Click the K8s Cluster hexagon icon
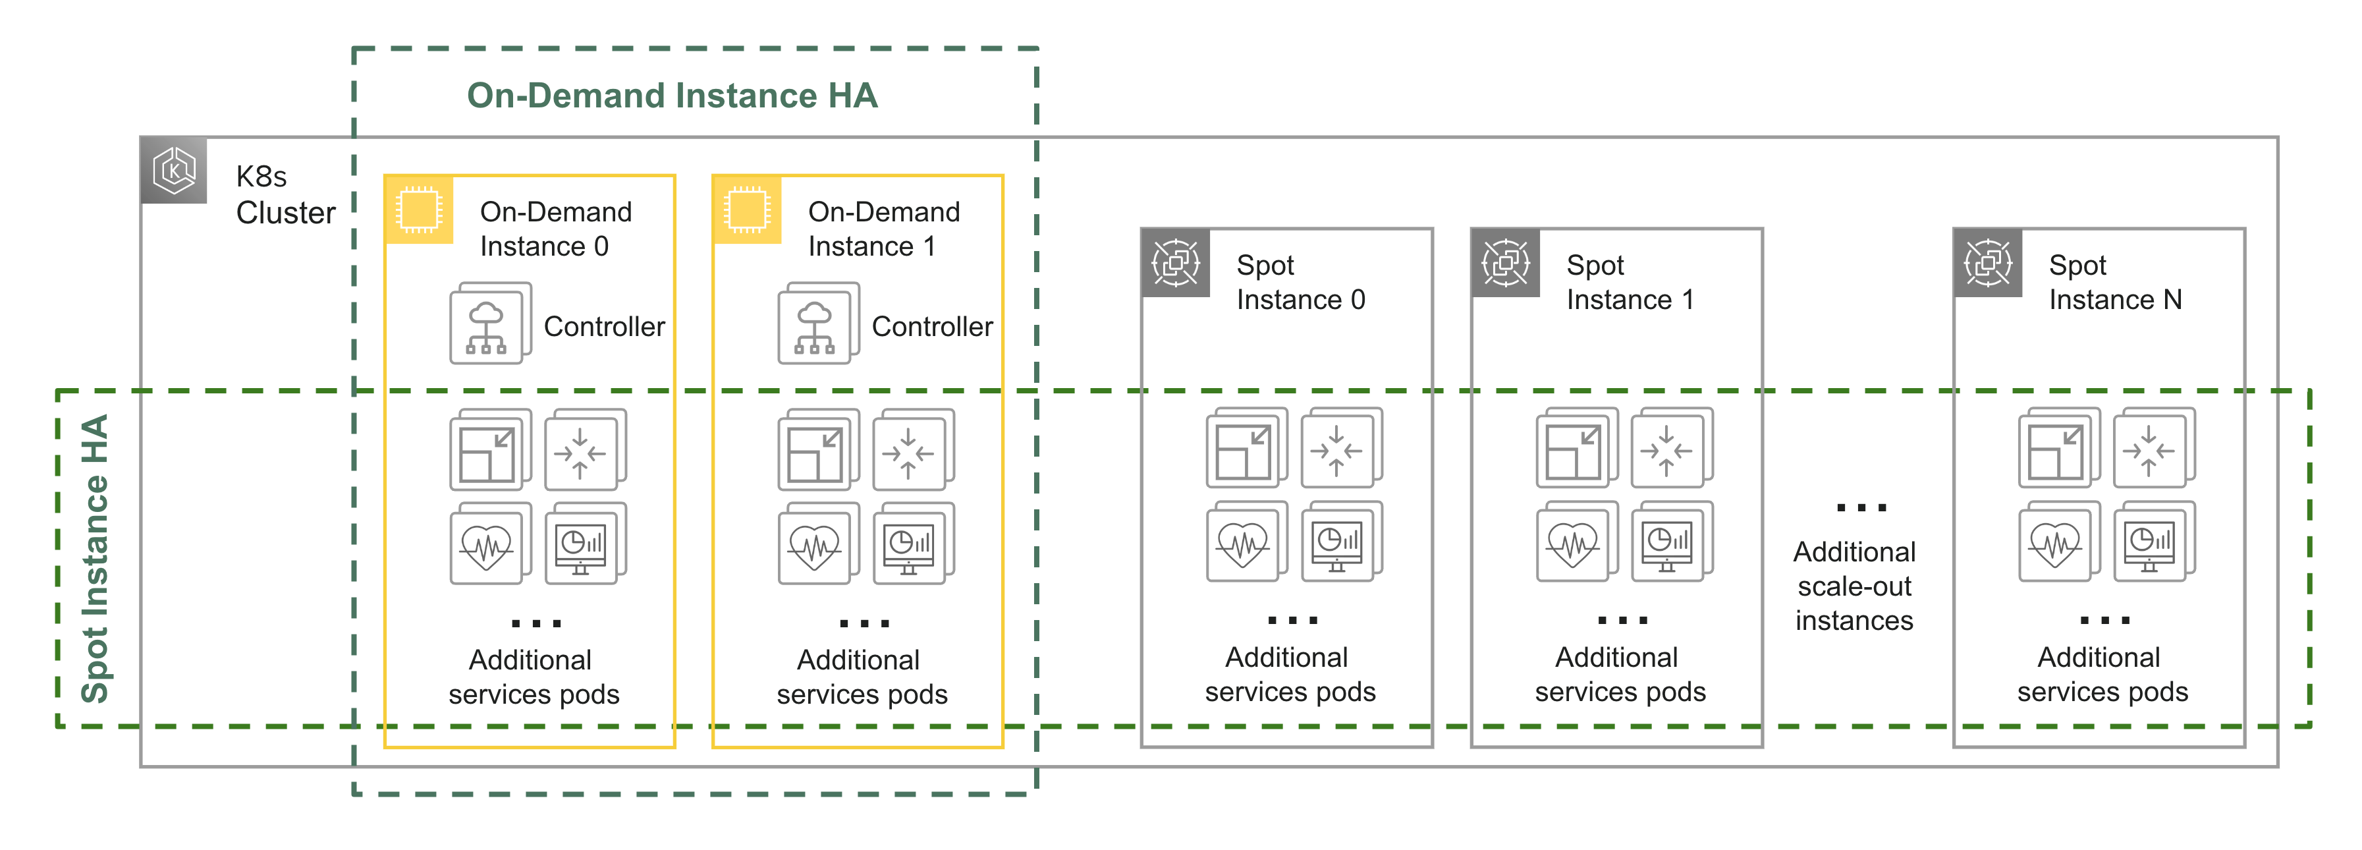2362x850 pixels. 174,171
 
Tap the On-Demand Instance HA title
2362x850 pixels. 671,96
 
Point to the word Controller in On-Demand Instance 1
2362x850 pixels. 931,326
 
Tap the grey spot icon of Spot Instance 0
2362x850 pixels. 1174,263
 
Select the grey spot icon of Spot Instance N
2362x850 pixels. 1987,263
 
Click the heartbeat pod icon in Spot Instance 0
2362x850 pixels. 1244,544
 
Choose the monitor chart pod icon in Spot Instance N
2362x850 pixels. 2151,544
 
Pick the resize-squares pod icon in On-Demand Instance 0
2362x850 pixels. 489,452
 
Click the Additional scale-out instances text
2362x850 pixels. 1854,586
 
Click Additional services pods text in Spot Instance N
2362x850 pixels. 2102,674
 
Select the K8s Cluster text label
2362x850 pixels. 285,194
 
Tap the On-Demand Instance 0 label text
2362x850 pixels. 556,229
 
